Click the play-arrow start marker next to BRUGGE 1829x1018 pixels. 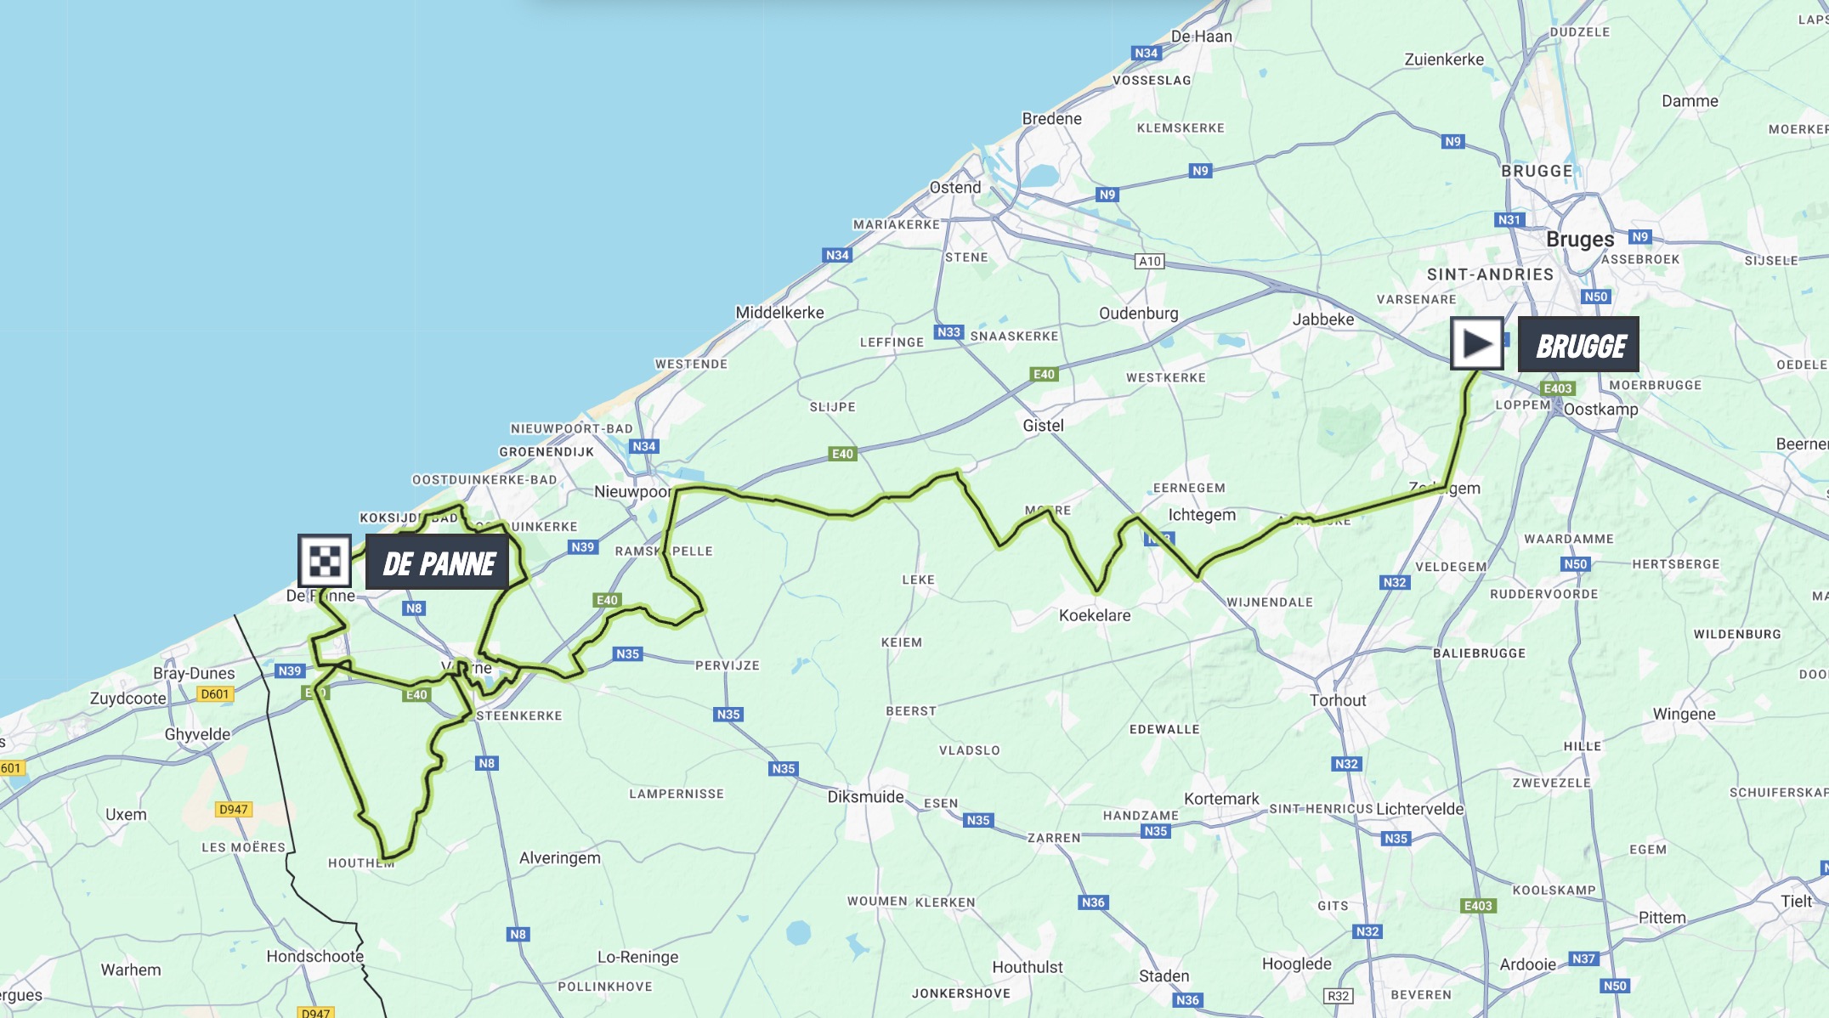pos(1476,344)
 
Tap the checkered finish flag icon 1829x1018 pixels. pos(325,561)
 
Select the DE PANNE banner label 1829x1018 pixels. pos(438,563)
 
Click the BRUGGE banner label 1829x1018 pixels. pos(1578,345)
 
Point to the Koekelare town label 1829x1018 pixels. pos(1095,615)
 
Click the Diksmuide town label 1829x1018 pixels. pos(865,796)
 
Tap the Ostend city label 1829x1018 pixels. pos(954,187)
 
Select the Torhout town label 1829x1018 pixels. pos(1337,700)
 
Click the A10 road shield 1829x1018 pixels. pos(1149,261)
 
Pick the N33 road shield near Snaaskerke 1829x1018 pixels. pos(948,332)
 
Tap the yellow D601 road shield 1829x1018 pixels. pos(214,694)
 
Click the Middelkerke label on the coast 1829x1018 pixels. pos(779,312)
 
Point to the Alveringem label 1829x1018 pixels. pos(559,857)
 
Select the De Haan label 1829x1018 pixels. pos(1201,36)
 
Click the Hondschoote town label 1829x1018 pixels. pos(314,956)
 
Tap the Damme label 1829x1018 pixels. pos(1690,100)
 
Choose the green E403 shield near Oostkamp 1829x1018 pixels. pos(1557,388)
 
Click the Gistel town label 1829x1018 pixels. pos(1043,425)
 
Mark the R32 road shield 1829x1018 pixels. pos(1338,996)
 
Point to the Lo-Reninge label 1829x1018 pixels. pos(637,957)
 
